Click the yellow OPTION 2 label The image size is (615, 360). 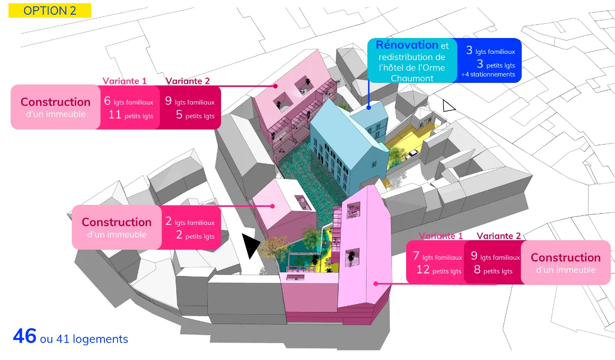click(50, 11)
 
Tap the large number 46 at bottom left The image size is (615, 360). click(25, 336)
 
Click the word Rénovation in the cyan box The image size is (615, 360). click(407, 45)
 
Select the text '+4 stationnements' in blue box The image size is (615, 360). click(488, 74)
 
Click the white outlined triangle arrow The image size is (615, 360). click(448, 106)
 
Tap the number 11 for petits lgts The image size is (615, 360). click(114, 115)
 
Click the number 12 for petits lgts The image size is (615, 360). click(423, 270)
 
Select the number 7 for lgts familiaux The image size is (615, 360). click(416, 256)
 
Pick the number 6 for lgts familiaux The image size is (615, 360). click(107, 101)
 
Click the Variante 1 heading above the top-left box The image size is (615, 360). click(124, 81)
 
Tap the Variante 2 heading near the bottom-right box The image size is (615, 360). click(498, 236)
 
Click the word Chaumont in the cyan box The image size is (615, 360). click(412, 78)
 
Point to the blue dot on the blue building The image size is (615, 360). click(369, 107)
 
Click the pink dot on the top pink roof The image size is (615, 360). click(276, 86)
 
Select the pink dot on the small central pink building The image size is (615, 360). click(272, 206)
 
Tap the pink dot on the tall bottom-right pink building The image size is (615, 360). click(376, 283)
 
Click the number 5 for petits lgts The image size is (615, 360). click(179, 115)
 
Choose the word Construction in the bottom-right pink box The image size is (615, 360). click(565, 258)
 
